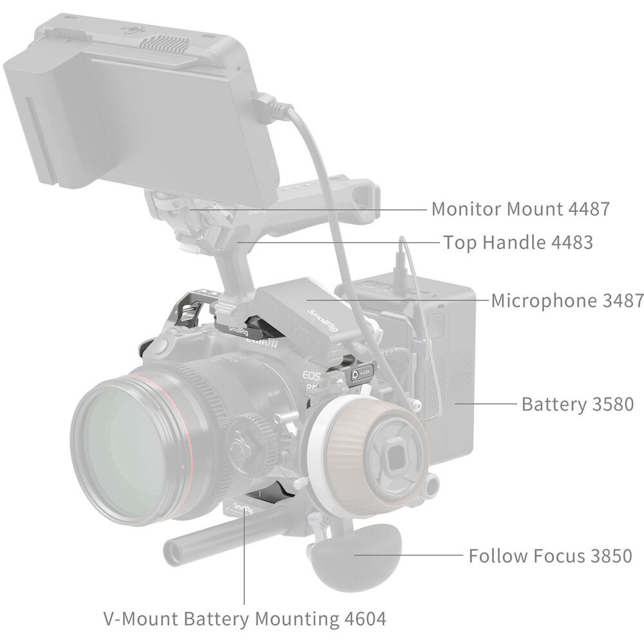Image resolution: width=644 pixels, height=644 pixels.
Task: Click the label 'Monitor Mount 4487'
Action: (520, 209)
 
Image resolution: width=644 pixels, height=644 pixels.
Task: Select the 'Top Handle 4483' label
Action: (518, 242)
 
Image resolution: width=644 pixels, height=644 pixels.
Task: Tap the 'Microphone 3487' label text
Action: (567, 301)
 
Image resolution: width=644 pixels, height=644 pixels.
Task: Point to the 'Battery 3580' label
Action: (578, 404)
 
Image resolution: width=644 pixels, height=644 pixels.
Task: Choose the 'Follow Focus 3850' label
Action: (551, 556)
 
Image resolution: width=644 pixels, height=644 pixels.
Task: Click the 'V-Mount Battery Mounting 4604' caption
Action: (245, 618)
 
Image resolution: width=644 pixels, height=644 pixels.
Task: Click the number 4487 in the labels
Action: (589, 209)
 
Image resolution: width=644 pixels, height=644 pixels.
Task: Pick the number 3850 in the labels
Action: (612, 556)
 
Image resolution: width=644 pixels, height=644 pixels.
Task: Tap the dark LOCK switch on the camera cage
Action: (361, 373)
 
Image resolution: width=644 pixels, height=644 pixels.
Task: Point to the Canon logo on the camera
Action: (261, 341)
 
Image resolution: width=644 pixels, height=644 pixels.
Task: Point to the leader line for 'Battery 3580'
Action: (486, 404)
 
